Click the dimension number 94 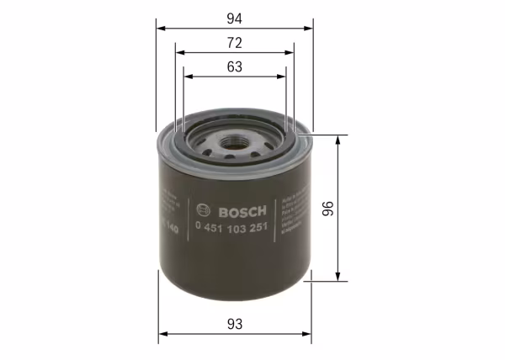(235, 15)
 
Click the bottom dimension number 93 (235, 323)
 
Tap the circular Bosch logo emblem (201, 210)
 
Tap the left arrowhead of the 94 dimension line (162, 27)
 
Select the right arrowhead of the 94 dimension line (307, 27)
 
